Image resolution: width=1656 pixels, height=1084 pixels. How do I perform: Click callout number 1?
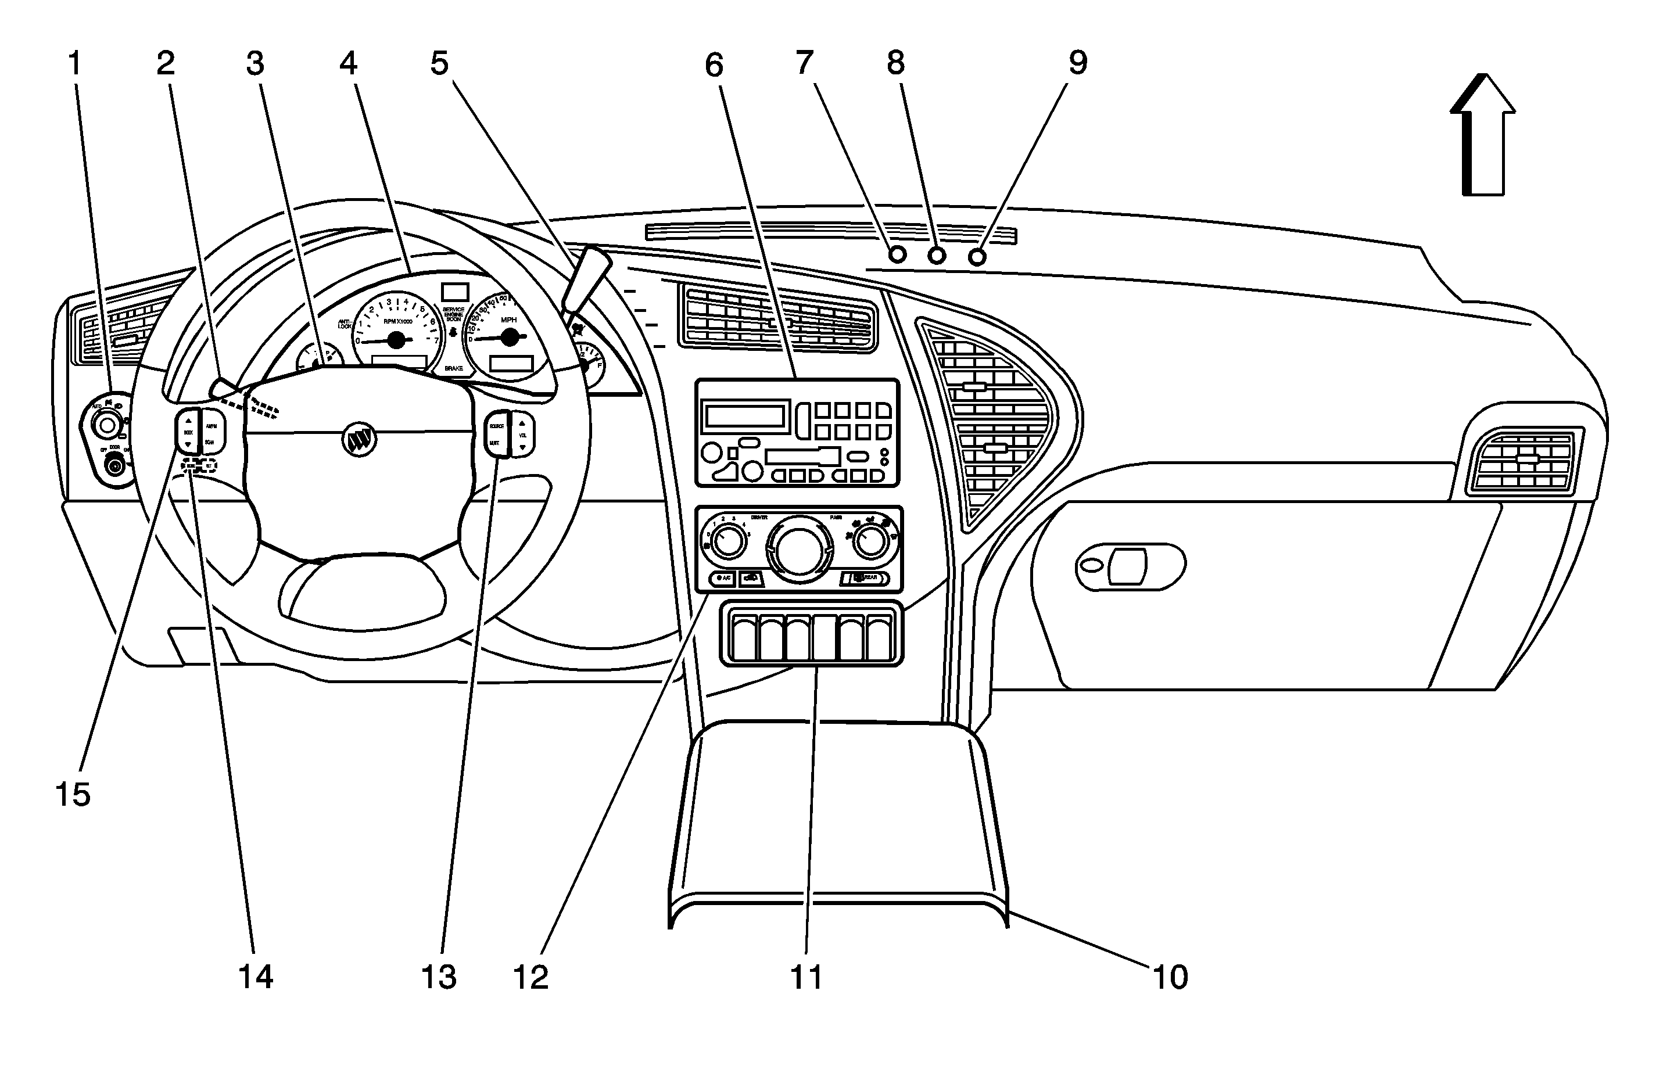[74, 64]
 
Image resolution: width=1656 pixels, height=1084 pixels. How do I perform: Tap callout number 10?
[1170, 978]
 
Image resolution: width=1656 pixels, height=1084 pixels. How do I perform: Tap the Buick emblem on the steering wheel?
[359, 440]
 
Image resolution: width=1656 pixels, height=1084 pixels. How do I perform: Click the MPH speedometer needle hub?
[510, 338]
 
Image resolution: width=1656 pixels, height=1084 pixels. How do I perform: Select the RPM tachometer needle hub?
[396, 340]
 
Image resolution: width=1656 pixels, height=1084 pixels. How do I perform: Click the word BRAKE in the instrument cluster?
[454, 369]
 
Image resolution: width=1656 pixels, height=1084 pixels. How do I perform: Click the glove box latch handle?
[1127, 565]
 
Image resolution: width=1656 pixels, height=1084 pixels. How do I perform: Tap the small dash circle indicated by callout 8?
[937, 256]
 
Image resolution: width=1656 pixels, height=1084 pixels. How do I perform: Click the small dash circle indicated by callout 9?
[977, 257]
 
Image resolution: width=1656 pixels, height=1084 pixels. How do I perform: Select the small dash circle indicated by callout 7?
[898, 254]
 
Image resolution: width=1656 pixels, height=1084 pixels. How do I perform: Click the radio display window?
[745, 415]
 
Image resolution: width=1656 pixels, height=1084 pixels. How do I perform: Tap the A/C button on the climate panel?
[722, 577]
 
